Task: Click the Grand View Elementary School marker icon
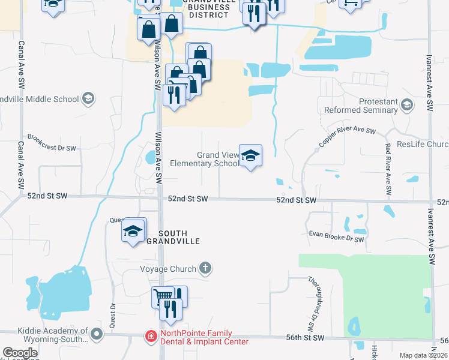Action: pos(250,155)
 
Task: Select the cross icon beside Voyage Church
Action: pos(205,268)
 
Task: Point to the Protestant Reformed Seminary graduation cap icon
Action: pos(408,106)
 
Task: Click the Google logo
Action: pos(20,353)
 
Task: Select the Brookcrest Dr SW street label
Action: pos(52,142)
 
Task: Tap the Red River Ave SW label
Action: pos(388,169)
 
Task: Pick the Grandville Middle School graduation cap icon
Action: pos(88,98)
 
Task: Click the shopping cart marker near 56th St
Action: pos(161,297)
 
